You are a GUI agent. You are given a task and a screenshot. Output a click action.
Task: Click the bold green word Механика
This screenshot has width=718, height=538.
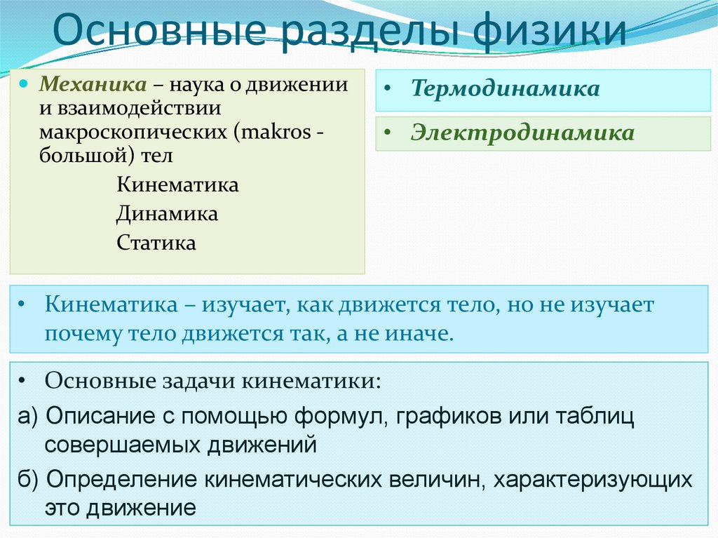pos(93,86)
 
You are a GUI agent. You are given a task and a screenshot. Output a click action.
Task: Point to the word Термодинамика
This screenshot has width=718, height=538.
pos(505,89)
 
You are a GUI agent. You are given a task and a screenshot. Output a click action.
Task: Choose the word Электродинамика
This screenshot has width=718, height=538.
pos(522,133)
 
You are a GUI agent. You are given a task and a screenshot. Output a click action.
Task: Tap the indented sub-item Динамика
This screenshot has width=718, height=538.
pos(168,213)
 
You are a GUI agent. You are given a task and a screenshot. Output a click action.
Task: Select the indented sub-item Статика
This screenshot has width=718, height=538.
pos(156,243)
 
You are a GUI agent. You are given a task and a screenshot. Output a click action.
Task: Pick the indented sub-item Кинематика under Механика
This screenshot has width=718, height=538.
pos(177,185)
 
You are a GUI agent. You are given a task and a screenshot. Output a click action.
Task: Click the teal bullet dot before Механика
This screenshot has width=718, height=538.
pos(24,83)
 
